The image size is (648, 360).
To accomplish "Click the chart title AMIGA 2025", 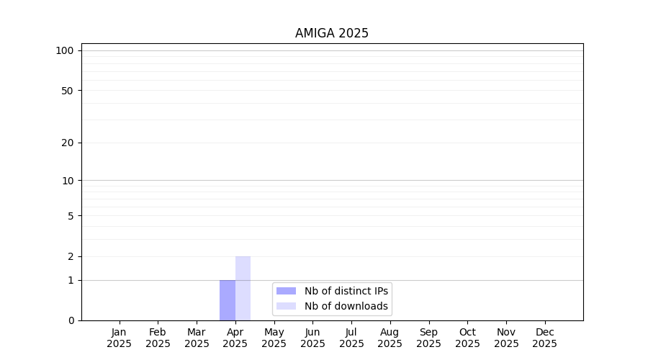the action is pos(331,33).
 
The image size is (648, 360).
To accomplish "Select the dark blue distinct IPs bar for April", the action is pos(228,300).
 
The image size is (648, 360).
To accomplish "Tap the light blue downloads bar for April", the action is pos(243,289).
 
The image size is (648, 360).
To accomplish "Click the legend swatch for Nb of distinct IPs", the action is pos(286,291).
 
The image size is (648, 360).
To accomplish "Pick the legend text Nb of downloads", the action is pos(346,306).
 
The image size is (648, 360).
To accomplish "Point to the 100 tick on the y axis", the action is pos(65,51).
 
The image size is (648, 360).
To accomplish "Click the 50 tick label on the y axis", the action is pos(68,91).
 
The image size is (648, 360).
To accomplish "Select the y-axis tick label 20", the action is pos(68,143).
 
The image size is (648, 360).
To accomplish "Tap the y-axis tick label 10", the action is pos(68,181).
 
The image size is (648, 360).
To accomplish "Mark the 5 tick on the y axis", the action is pos(71,216).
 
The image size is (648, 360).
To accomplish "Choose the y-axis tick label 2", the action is pos(71,256).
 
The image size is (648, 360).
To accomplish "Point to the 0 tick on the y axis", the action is pos(71,320).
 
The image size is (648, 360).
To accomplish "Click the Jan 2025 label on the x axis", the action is pos(119,338).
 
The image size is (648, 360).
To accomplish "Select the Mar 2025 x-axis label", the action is pos(197,338).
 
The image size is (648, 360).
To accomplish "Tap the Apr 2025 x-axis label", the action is pos(235,338).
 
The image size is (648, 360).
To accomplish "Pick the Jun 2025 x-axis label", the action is pos(313,338).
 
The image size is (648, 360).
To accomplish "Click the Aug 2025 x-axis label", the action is pos(390,338).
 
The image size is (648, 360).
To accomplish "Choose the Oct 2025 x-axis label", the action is pos(467,338).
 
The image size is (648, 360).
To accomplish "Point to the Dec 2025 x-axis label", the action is pos(545,338).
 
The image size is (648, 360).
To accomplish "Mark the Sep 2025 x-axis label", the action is pos(428,338).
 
